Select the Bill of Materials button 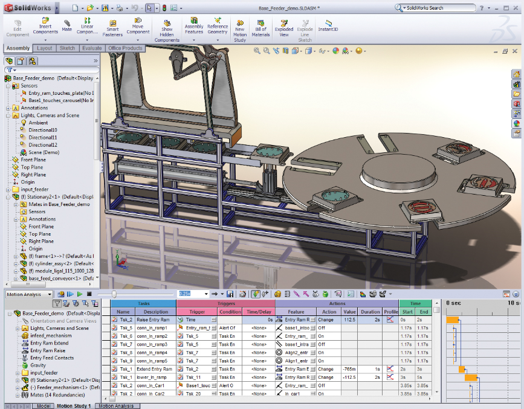[260, 28]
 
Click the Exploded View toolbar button [284, 28]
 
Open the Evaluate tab [92, 48]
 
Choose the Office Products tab [125, 48]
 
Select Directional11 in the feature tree [43, 138]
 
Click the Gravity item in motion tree [38, 366]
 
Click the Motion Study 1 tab [73, 406]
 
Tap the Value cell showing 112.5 [349, 320]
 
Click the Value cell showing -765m [349, 369]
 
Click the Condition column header [230, 312]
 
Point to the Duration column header [370, 312]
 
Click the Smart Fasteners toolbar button [113, 28]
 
